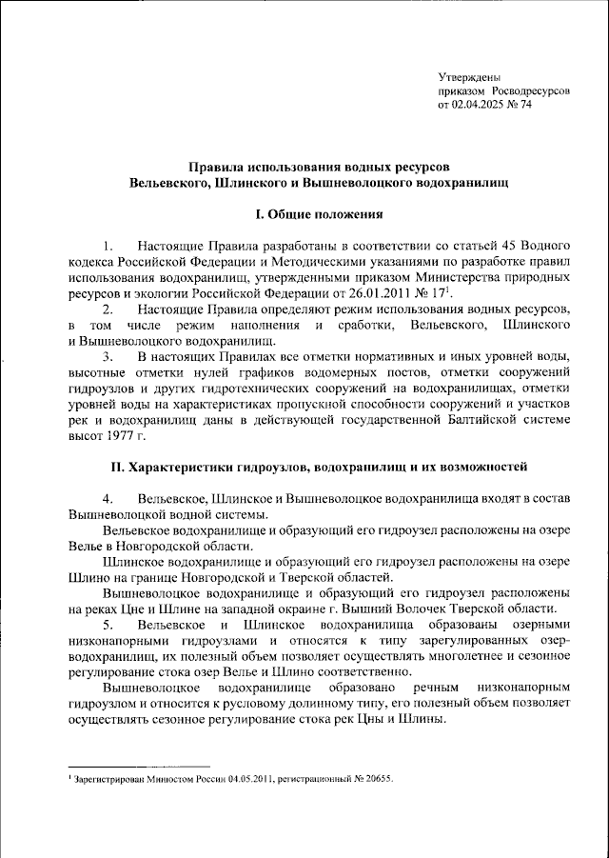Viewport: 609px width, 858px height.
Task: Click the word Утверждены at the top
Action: (x=468, y=76)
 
